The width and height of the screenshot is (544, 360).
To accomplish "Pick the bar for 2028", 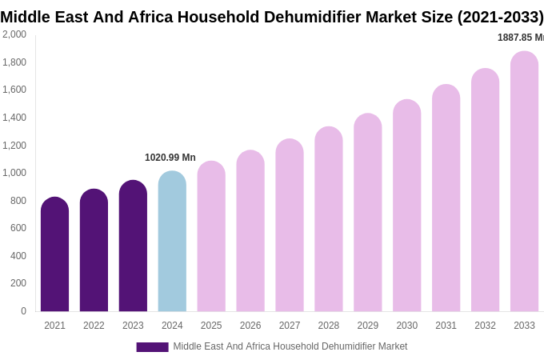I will (328, 219).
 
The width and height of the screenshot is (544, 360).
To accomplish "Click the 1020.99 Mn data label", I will (170, 158).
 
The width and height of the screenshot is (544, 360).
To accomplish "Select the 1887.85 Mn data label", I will (520, 38).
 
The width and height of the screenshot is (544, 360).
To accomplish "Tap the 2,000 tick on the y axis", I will (14, 34).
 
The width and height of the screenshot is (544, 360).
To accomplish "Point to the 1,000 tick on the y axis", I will (14, 173).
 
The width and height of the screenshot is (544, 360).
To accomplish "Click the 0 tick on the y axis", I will (23, 311).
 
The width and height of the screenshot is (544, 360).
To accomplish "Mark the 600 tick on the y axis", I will (18, 228).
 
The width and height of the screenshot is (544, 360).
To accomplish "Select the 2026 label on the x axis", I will (250, 326).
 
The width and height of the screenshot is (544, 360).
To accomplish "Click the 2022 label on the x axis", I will (94, 326).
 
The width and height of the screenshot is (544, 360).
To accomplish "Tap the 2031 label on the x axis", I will (446, 326).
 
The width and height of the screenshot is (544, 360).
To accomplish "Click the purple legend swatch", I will (152, 347).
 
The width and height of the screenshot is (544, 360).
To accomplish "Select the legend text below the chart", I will (290, 346).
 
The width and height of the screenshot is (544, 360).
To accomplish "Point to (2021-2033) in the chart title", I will (500, 17).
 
